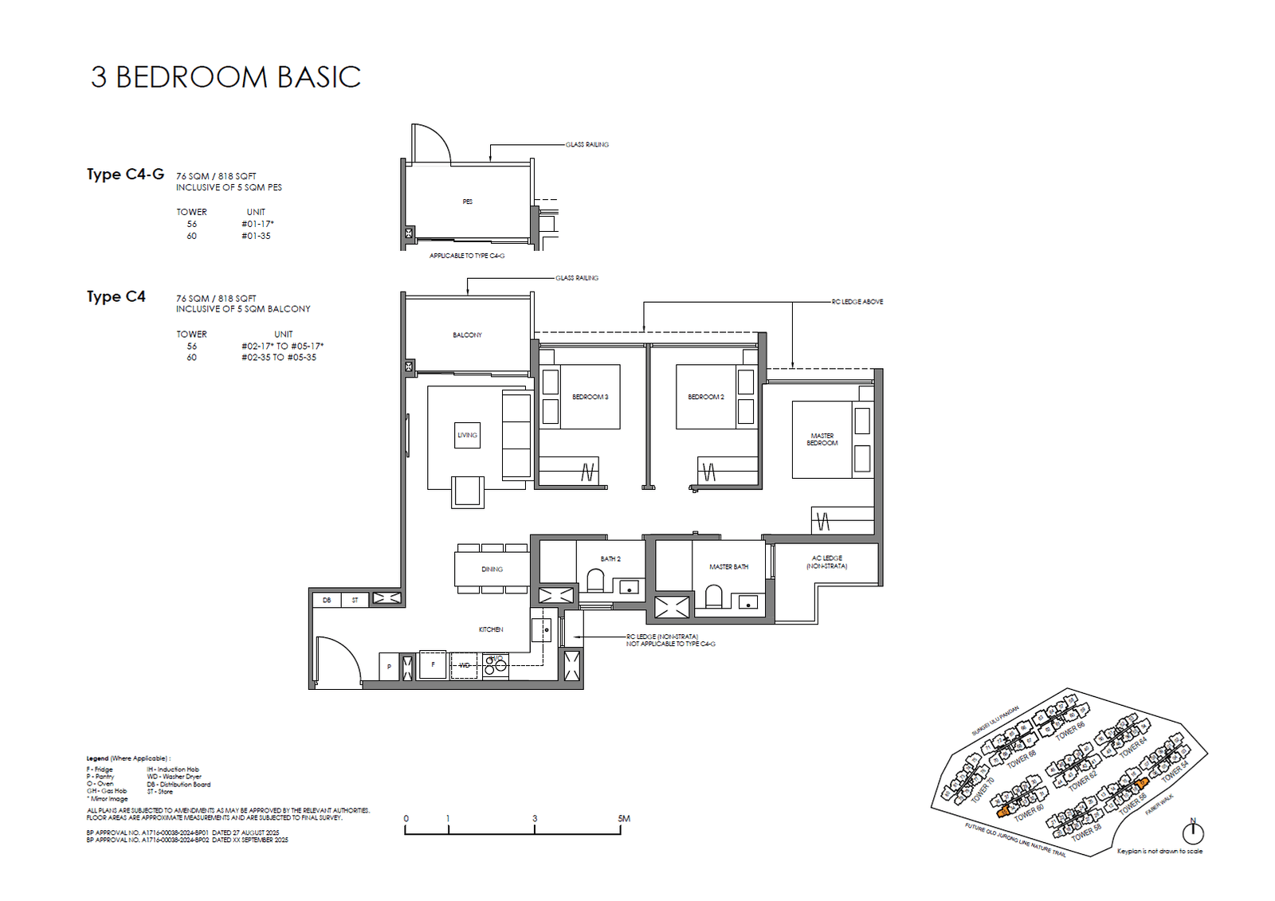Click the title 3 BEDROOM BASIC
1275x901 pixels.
click(x=226, y=77)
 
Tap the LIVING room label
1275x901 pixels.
click(x=467, y=435)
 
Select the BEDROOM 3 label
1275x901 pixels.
click(x=590, y=397)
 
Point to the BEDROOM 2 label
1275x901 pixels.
click(x=706, y=397)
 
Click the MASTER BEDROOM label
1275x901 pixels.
click(x=822, y=440)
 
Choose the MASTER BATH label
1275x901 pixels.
click(x=728, y=567)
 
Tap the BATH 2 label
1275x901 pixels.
click(x=610, y=559)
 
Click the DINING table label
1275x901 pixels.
click(x=492, y=570)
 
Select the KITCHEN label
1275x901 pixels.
click(x=491, y=629)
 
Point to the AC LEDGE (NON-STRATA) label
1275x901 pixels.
click(x=826, y=562)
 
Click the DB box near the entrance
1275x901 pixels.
click(x=327, y=600)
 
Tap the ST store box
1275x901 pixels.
click(x=355, y=600)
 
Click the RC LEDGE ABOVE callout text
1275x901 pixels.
click(x=857, y=302)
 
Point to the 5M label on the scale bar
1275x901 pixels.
click(x=623, y=818)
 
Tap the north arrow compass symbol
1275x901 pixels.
click(x=1193, y=832)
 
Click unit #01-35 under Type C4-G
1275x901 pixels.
click(x=256, y=236)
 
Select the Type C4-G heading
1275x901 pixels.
click(x=125, y=174)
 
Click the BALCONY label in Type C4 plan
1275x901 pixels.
click(x=467, y=335)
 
